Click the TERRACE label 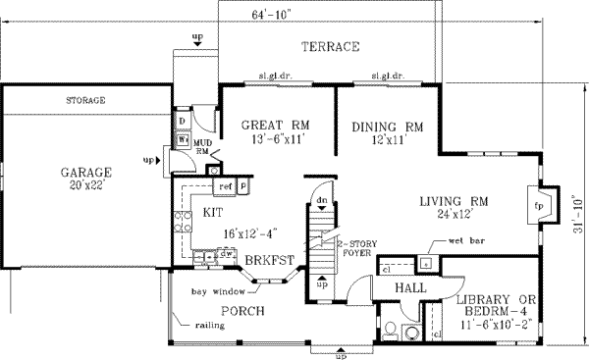330,47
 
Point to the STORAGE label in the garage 85,101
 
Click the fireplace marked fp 538,207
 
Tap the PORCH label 240,312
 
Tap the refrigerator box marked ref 224,184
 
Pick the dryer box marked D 183,122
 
